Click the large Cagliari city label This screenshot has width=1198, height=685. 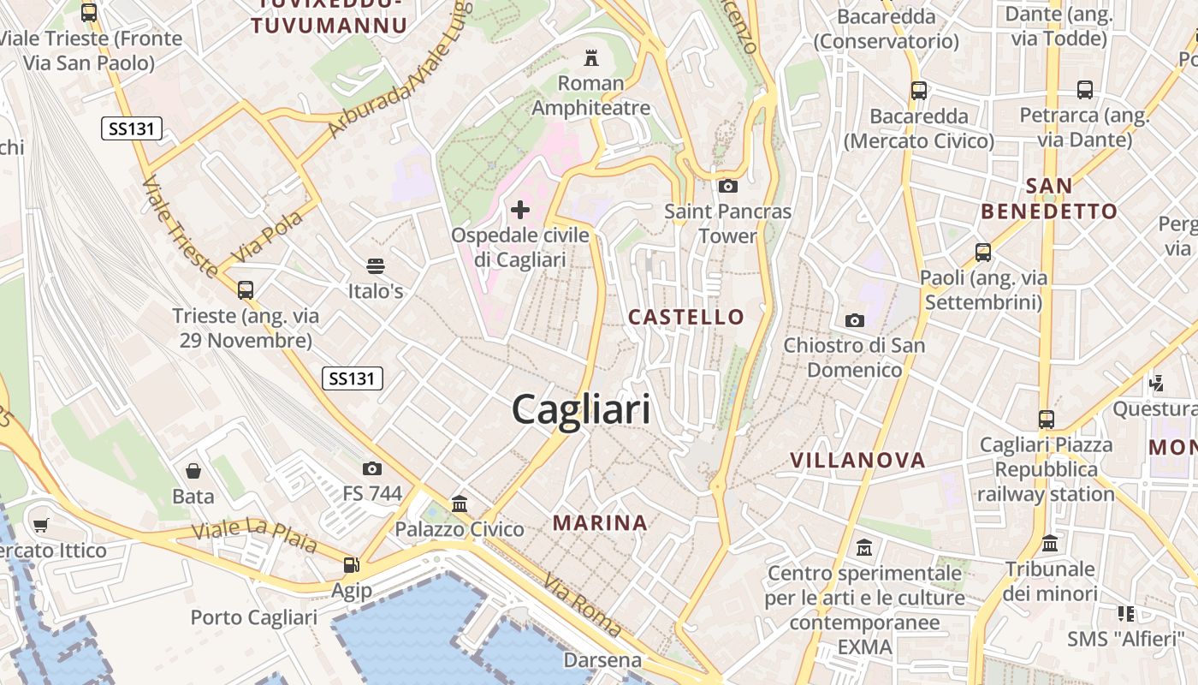[x=581, y=410]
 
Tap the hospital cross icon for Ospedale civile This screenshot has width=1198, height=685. [x=520, y=209]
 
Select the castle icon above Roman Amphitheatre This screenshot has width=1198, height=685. [x=590, y=58]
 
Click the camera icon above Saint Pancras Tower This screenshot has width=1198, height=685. [x=728, y=186]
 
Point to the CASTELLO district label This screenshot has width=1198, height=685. [x=686, y=317]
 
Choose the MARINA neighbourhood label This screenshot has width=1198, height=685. [x=600, y=522]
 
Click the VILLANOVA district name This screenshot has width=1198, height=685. [x=857, y=460]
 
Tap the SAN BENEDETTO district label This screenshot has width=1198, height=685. [x=1049, y=199]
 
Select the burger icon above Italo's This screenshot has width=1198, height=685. [x=375, y=265]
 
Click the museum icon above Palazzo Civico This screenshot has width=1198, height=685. [x=460, y=503]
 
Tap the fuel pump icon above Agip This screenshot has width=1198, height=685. [x=351, y=564]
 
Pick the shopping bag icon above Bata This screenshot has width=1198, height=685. [x=193, y=471]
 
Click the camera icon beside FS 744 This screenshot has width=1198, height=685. [x=372, y=468]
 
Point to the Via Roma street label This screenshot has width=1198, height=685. [x=582, y=605]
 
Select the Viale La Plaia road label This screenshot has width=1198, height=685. [x=254, y=535]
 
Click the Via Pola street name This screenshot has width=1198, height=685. [x=268, y=235]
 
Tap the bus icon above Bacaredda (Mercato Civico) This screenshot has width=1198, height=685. [x=919, y=90]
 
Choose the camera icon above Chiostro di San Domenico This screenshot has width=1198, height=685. [x=854, y=320]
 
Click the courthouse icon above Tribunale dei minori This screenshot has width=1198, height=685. [x=1050, y=544]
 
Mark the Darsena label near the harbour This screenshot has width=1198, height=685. [x=602, y=660]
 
